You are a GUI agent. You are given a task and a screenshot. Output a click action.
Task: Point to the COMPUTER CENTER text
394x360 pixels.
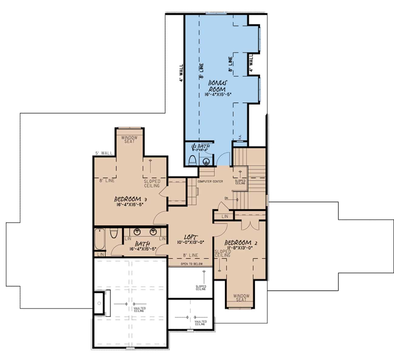pos(210,181)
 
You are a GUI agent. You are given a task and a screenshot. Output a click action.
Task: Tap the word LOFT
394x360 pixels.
pos(191,237)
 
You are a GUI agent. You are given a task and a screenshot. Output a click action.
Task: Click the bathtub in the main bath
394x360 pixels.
pos(99,239)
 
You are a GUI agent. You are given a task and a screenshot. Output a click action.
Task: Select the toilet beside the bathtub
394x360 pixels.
pos(114,234)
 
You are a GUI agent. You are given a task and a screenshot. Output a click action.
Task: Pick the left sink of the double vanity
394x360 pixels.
pos(137,232)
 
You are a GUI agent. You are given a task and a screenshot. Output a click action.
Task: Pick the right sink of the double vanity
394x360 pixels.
pos(153,232)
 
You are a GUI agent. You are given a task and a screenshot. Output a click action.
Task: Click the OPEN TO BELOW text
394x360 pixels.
pos(192,264)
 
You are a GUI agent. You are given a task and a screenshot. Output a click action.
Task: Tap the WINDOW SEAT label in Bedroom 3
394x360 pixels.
pos(130,140)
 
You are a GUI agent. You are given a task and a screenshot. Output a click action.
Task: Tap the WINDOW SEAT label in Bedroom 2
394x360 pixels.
pos(241,298)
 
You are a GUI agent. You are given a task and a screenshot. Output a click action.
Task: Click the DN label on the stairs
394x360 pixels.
pos(226,198)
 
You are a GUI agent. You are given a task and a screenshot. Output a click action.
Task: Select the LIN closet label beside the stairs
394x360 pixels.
pos(225,216)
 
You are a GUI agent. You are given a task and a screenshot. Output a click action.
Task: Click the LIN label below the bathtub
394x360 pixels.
pos(100,254)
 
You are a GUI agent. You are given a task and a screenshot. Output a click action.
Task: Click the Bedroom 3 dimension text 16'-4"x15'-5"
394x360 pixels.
pos(130,205)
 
